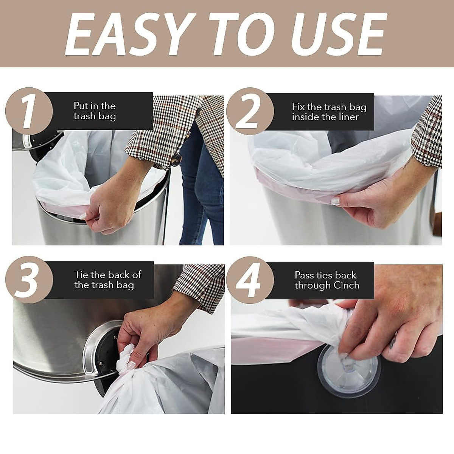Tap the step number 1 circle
click(28, 111)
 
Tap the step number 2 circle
click(250, 111)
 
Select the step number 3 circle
click(28, 280)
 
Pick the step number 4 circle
click(250, 280)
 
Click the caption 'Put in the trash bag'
click(95, 111)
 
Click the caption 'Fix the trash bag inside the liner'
click(329, 112)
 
